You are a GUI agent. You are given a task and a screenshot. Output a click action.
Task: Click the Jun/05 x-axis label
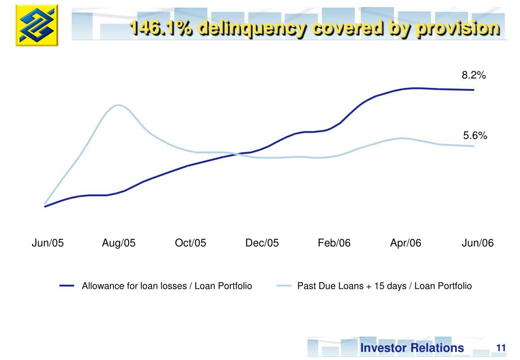click(48, 243)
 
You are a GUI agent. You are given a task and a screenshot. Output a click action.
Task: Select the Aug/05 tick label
click(119, 243)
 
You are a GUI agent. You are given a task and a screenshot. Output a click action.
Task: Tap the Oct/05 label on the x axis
click(191, 243)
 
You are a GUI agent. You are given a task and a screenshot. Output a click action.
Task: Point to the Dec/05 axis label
click(262, 243)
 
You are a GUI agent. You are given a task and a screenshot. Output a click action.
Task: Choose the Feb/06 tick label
click(334, 243)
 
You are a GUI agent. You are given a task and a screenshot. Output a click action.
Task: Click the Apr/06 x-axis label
click(406, 243)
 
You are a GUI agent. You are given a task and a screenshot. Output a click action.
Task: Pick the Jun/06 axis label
click(477, 243)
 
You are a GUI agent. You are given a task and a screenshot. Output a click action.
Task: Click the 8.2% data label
click(474, 76)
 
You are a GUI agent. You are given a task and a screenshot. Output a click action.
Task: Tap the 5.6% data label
click(475, 136)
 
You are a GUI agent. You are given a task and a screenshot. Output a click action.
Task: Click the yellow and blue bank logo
click(37, 25)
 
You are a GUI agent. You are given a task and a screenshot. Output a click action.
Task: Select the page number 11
click(501, 348)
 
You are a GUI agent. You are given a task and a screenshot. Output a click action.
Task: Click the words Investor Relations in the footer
click(412, 348)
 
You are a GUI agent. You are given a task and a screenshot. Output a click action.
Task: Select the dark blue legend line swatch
click(67, 286)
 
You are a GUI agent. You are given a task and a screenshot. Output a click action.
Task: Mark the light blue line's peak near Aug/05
click(118, 105)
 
